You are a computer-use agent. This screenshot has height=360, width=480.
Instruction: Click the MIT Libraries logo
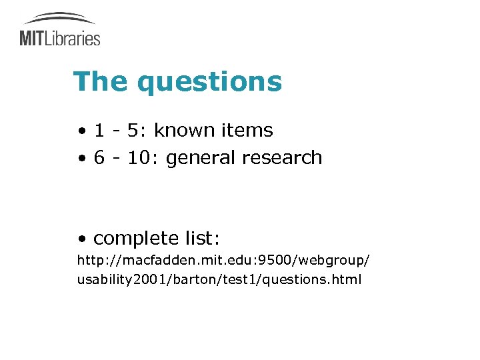[60, 30]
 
